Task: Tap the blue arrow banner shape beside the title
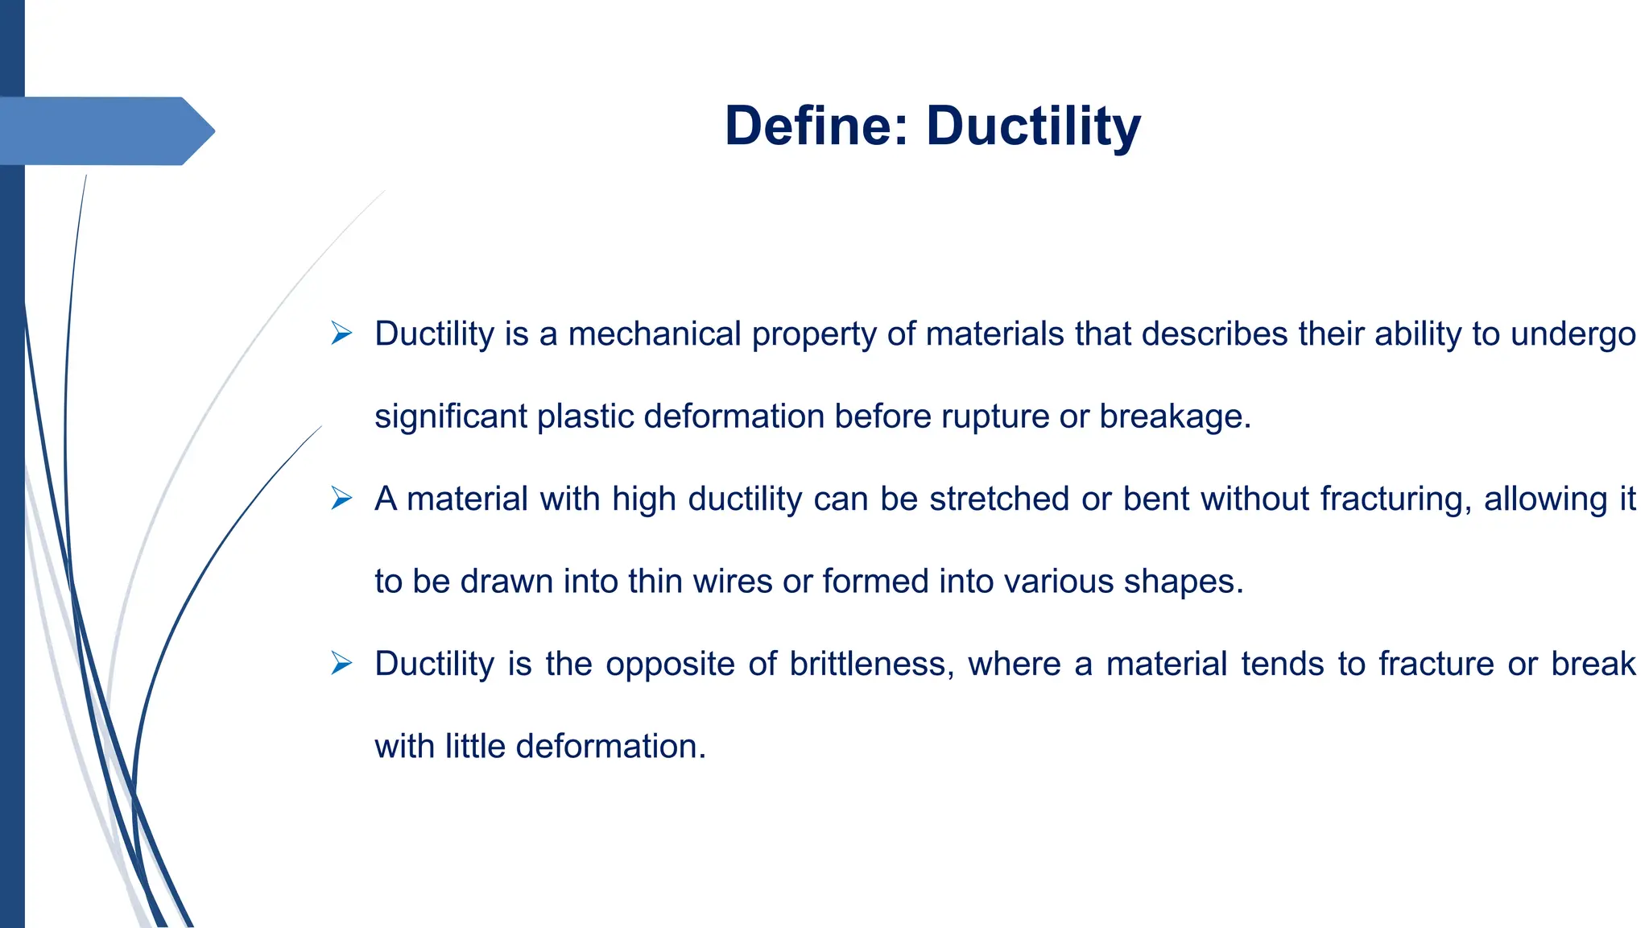point(105,130)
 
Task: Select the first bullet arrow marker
point(341,333)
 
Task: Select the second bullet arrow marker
point(341,499)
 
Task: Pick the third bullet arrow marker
point(341,664)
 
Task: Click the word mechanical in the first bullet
point(655,334)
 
